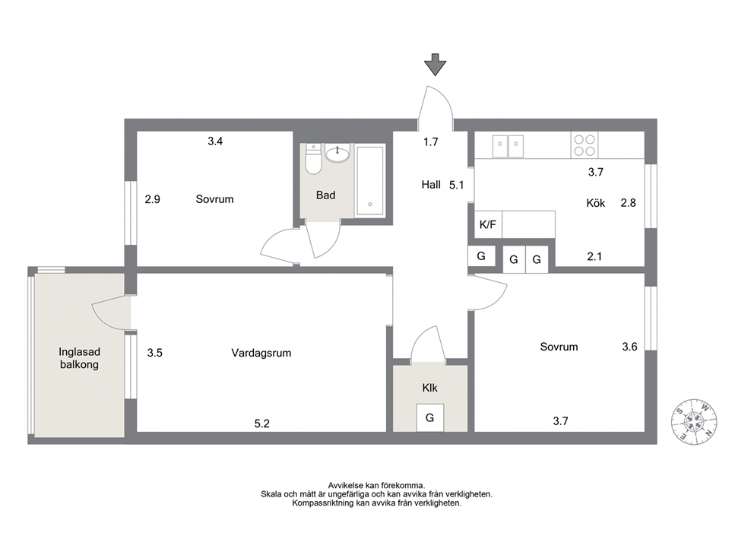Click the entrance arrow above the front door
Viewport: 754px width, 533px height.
click(x=436, y=65)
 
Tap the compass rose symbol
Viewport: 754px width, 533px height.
click(x=694, y=421)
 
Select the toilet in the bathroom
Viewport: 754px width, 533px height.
click(x=313, y=159)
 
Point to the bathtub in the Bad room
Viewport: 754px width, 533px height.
click(x=369, y=181)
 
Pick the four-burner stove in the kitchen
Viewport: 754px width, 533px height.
click(x=585, y=144)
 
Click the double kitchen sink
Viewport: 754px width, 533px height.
click(x=508, y=146)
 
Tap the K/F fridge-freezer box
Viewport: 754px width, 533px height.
click(x=488, y=224)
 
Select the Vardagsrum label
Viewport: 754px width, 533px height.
click(x=261, y=353)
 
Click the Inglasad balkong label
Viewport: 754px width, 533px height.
click(x=79, y=358)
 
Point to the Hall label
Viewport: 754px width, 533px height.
click(x=431, y=185)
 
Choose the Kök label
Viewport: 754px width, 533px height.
click(x=596, y=203)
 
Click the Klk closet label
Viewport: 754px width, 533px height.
click(x=430, y=388)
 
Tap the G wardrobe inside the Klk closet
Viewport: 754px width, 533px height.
click(x=430, y=417)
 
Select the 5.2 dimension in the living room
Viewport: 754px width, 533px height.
click(x=262, y=424)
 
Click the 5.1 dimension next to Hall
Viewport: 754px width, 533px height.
click(x=456, y=185)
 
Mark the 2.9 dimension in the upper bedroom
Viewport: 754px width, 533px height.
click(x=153, y=199)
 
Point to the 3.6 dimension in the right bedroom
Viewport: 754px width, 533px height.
click(x=629, y=347)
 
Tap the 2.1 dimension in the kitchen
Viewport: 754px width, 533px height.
click(x=594, y=257)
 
